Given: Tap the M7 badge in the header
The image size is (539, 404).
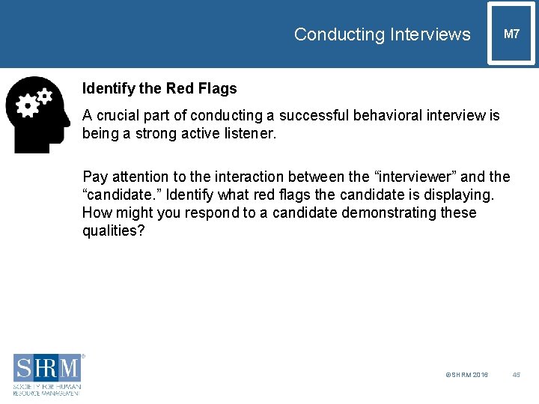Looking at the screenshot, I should point(511,34).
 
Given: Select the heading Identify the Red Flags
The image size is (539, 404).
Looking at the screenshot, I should point(159,88).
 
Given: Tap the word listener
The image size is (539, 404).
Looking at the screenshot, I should point(249,134).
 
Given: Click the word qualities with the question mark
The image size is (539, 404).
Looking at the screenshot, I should point(114,231).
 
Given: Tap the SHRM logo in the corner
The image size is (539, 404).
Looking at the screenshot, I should point(47,373).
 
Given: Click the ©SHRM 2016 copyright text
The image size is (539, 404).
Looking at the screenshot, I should point(466,375).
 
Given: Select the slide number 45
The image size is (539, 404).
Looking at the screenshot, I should point(516,375).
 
